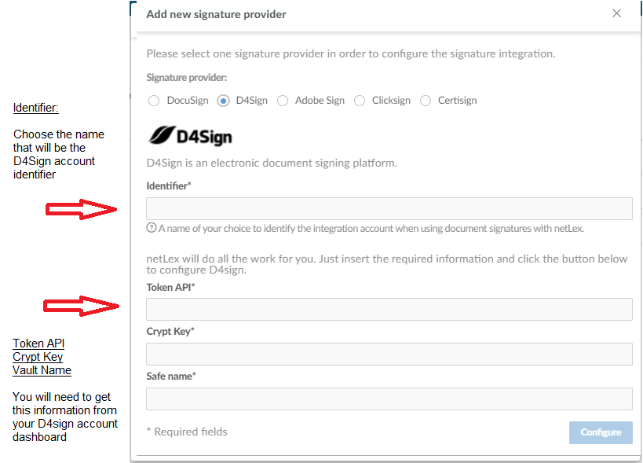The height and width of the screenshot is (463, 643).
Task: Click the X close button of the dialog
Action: (616, 13)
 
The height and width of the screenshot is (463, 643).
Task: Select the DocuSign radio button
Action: (154, 101)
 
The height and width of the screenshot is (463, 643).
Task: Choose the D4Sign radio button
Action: (223, 101)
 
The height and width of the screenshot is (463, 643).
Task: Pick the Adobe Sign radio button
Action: (283, 101)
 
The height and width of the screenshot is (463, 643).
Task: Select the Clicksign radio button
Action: (360, 101)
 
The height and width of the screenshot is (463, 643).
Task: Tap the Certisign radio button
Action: (426, 101)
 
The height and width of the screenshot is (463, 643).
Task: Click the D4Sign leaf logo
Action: (162, 135)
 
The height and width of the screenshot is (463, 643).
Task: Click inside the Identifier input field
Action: (389, 208)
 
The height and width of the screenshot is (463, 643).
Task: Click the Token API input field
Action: (389, 309)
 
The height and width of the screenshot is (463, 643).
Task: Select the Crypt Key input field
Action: (389, 354)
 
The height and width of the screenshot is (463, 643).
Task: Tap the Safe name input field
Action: (389, 399)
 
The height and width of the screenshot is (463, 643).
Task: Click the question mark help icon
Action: (152, 228)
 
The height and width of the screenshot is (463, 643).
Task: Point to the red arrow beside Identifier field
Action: (81, 209)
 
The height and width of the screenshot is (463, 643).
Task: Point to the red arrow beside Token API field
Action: (81, 306)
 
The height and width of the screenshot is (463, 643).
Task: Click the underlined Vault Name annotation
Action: (42, 370)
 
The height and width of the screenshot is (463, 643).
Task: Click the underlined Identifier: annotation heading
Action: (35, 108)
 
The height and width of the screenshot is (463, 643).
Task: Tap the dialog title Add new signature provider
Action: (216, 14)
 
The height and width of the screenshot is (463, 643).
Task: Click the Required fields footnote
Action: (187, 432)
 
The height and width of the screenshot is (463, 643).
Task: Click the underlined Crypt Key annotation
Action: (38, 357)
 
